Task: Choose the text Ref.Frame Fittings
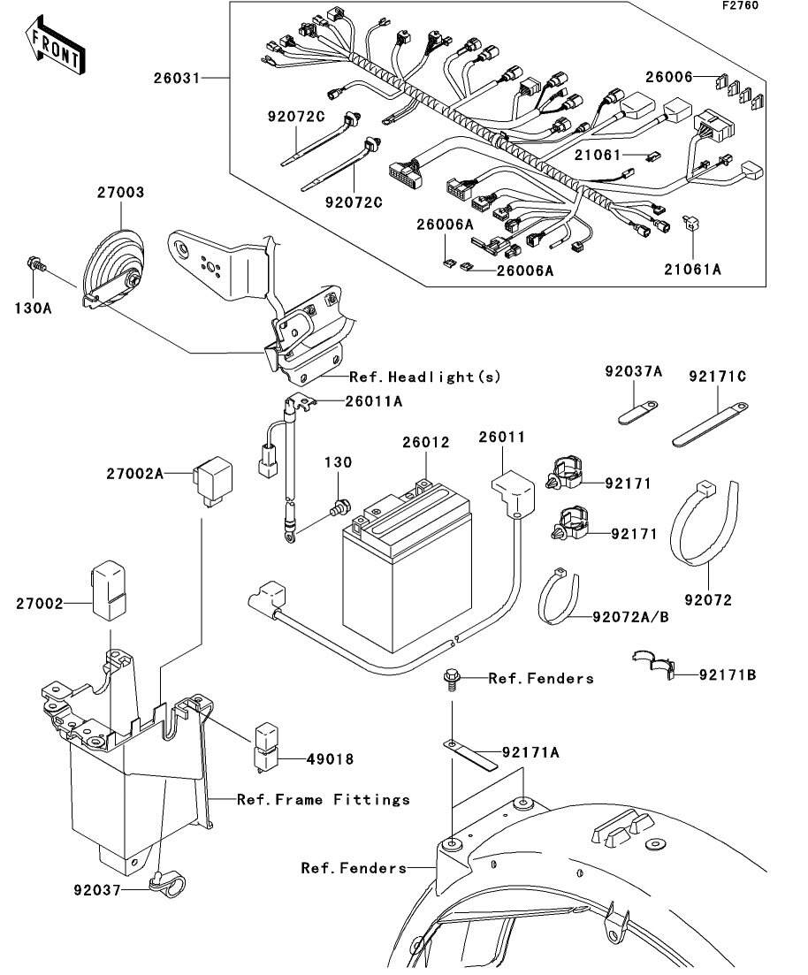click(324, 800)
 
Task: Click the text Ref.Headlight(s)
click(425, 377)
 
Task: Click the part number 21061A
click(694, 270)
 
